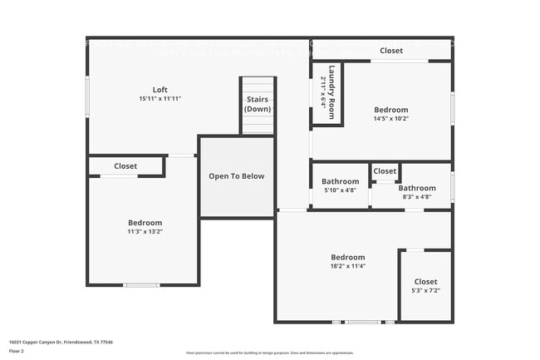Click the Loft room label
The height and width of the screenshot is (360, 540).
click(160, 90)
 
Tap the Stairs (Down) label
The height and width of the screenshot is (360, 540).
click(258, 104)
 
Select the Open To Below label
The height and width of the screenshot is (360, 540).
click(236, 176)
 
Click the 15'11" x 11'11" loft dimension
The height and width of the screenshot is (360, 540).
click(160, 99)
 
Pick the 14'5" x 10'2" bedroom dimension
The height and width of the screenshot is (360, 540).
click(390, 119)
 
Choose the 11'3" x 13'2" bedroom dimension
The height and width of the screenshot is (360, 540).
click(145, 232)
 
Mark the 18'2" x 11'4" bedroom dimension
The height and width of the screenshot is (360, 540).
click(347, 267)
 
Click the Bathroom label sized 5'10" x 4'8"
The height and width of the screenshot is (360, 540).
click(340, 181)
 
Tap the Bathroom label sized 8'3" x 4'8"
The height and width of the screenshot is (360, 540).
click(416, 188)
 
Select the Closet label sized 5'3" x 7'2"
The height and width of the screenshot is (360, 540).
click(425, 282)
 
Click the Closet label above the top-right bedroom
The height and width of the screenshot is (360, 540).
click(391, 51)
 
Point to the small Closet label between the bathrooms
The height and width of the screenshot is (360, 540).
click(385, 171)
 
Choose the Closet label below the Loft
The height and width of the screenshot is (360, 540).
click(125, 166)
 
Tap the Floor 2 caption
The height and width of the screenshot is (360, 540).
click(17, 351)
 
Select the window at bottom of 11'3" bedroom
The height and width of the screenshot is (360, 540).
click(141, 285)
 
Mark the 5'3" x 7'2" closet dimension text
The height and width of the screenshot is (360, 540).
click(425, 290)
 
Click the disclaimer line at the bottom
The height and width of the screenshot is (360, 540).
click(269, 353)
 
